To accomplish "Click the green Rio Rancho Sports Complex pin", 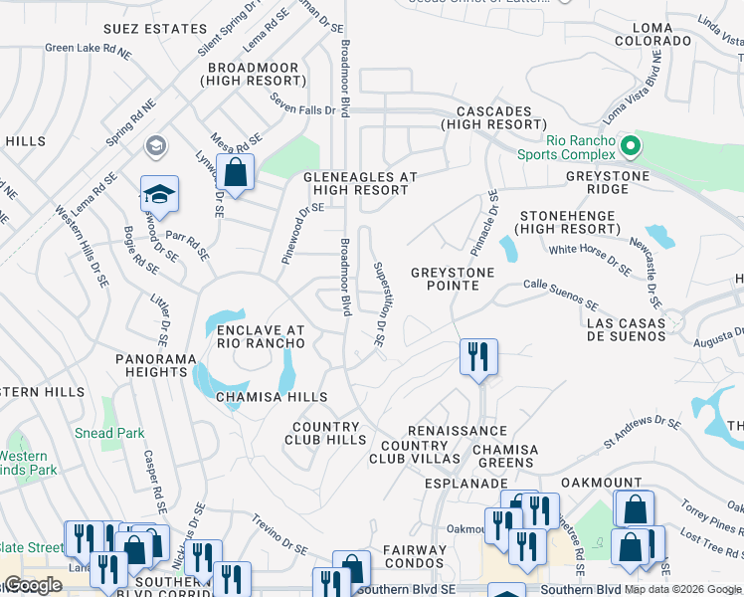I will coord(629,146).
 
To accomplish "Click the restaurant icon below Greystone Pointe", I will coord(478,356).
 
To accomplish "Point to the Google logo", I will coord(32,585).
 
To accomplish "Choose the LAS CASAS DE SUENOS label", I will coord(626,328).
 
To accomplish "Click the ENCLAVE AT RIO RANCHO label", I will coord(261,335).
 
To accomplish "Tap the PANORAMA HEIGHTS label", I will coord(150,364).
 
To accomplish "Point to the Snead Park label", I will coord(109,433).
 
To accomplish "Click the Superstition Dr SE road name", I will coord(379,303).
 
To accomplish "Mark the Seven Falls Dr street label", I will coord(303,109).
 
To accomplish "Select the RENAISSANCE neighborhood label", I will coord(458,430).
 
